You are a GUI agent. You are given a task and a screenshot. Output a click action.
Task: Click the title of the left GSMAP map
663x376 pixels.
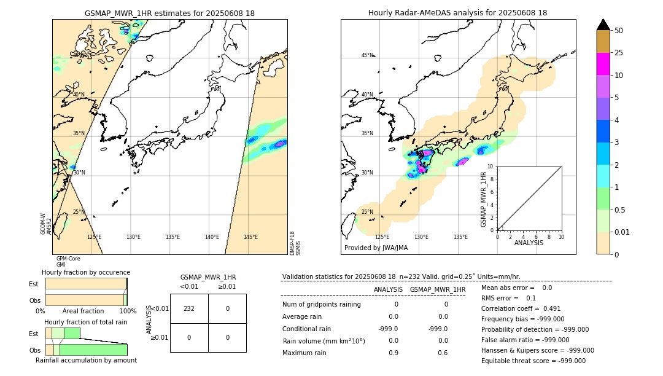click(169, 13)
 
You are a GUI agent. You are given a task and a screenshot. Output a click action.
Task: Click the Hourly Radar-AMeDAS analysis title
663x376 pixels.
click(457, 13)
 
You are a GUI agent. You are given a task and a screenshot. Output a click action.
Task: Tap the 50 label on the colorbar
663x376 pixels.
click(619, 31)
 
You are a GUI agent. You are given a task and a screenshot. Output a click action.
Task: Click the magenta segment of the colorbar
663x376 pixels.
click(603, 64)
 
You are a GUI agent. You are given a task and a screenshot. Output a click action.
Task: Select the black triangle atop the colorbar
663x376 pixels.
click(603, 25)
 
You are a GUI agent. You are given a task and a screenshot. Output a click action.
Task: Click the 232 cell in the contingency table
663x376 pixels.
click(189, 308)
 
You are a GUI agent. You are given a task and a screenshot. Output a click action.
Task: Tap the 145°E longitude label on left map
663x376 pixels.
click(250, 237)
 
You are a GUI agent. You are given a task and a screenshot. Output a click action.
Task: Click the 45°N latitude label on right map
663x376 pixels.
click(367, 55)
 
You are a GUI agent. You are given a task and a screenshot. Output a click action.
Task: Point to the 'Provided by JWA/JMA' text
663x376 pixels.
click(376, 248)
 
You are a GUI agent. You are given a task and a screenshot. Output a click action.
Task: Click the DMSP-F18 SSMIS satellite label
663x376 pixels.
click(295, 243)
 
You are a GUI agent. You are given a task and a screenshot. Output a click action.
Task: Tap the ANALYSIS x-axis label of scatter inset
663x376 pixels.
click(529, 243)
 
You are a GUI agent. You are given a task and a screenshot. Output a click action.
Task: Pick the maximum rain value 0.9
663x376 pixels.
click(394, 353)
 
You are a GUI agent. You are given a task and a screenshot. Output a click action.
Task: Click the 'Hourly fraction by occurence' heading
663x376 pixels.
click(86, 272)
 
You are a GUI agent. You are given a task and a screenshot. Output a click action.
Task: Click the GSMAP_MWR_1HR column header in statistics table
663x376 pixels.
click(437, 289)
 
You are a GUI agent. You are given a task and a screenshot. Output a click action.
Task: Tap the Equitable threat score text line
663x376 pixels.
click(533, 361)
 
